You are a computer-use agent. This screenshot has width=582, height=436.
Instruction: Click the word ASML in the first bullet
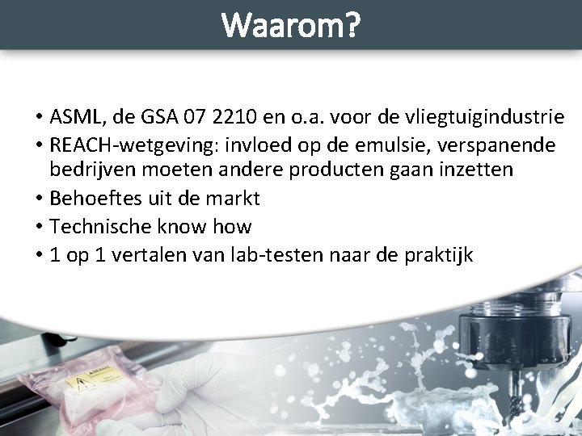(x=75, y=118)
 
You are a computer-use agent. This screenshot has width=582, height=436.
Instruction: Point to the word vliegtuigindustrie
(x=492, y=118)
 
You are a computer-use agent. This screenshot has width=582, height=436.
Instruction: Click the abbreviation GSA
(x=153, y=118)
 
